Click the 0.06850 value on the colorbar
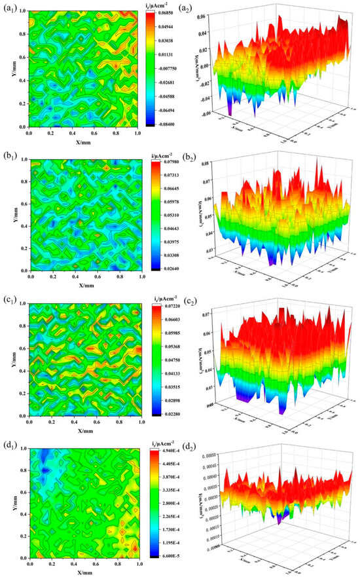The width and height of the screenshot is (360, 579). tap(172, 12)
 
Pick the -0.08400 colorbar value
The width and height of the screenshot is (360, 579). tap(172, 127)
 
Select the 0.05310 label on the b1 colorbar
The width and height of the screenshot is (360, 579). tap(172, 214)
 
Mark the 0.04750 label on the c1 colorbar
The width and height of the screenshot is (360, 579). tap(172, 360)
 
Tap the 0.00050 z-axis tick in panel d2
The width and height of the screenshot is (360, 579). tap(219, 453)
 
